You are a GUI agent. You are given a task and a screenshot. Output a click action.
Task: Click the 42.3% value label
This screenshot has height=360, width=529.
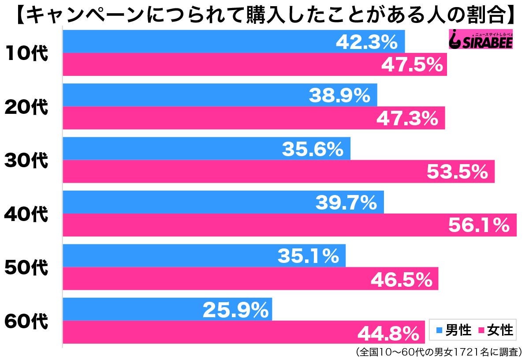click(x=367, y=42)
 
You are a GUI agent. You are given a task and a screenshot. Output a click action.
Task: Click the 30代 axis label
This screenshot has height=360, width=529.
click(x=26, y=161)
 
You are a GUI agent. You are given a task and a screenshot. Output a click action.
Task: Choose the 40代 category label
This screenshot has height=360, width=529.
click(x=26, y=214)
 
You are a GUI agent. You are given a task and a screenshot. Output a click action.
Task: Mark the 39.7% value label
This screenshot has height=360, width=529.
click(x=346, y=203)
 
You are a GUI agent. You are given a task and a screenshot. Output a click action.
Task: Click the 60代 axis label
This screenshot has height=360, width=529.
click(x=26, y=321)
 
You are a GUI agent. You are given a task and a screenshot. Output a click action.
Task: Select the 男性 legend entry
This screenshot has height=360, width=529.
click(x=454, y=330)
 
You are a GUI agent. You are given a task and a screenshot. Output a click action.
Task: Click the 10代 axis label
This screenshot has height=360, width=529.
click(x=26, y=53)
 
